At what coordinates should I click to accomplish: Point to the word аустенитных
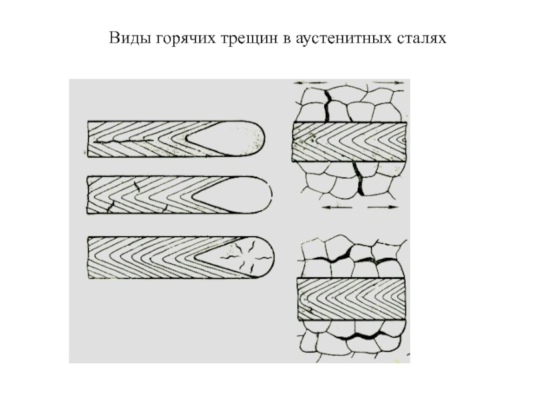click(345, 38)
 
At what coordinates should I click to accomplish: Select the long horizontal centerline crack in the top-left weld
click(123, 141)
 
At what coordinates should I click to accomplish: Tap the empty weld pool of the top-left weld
click(228, 138)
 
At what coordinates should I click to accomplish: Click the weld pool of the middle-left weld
click(235, 195)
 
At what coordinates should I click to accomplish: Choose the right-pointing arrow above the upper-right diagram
click(388, 82)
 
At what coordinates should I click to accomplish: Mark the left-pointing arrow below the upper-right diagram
click(338, 207)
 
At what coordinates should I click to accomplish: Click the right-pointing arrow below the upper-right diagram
click(383, 207)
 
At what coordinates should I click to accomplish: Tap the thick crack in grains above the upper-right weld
click(327, 106)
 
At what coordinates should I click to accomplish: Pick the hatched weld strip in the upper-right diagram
click(349, 141)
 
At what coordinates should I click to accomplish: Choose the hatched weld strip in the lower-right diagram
click(352, 299)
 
